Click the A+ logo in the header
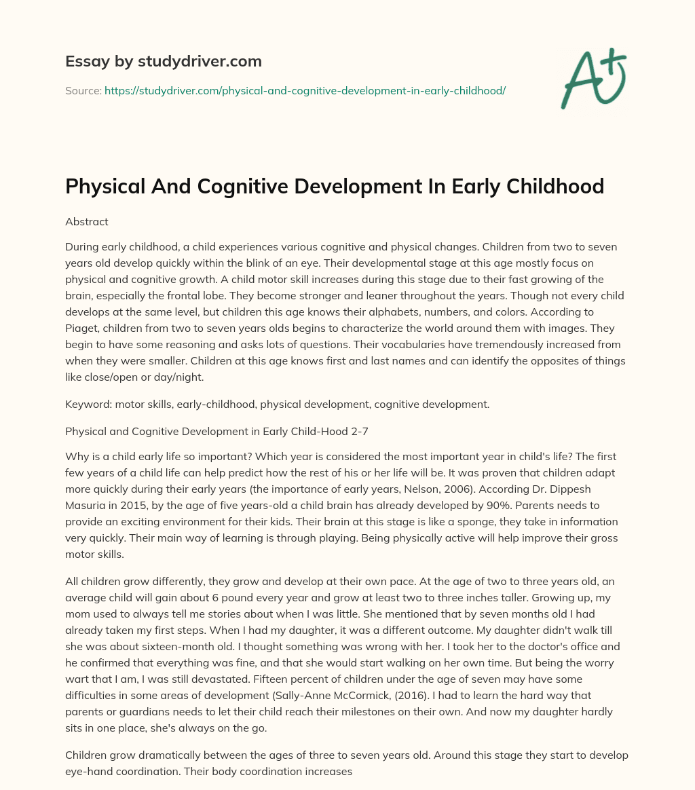(593, 78)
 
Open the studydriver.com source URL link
(305, 90)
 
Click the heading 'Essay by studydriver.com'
(164, 61)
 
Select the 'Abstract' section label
(87, 221)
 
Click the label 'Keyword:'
(88, 405)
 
